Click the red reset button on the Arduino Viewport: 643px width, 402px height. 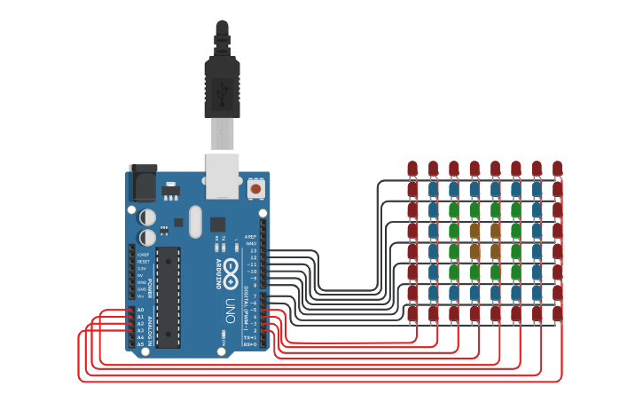click(255, 188)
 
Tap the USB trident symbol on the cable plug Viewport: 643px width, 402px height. click(222, 89)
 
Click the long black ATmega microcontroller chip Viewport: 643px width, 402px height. click(169, 297)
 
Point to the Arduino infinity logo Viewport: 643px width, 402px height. click(231, 270)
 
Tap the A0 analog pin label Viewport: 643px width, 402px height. click(140, 310)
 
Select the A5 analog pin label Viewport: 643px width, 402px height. click(140, 344)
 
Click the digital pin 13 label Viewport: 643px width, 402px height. click(253, 251)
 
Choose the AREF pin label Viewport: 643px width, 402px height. click(250, 237)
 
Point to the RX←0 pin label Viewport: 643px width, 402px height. click(250, 344)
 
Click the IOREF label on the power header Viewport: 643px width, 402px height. click(143, 255)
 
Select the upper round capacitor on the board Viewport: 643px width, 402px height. click(148, 217)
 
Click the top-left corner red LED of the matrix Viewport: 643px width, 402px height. click(412, 168)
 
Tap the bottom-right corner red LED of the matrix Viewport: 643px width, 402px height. click(557, 312)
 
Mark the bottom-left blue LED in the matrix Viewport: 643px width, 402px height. click(433, 292)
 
